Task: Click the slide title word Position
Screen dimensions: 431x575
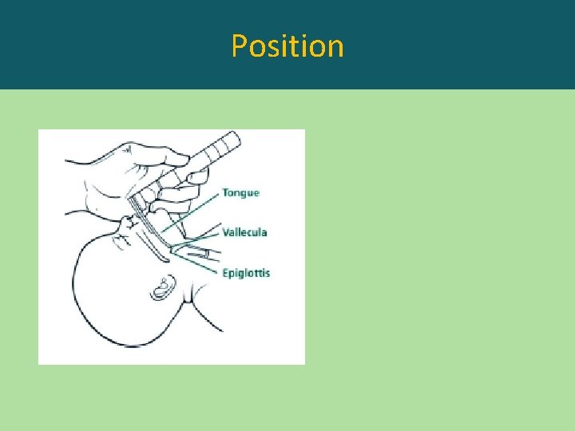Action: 287,46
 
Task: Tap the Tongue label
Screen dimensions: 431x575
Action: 240,193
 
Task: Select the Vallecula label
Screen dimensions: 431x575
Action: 244,232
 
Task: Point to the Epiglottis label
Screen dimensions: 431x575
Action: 246,273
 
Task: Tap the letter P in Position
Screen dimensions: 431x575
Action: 238,46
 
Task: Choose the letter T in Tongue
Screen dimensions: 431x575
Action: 225,193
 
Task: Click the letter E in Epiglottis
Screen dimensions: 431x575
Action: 226,272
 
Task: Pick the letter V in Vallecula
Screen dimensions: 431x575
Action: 226,232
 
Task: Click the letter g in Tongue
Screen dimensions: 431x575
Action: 244,195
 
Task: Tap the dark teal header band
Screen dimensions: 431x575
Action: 479,44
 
